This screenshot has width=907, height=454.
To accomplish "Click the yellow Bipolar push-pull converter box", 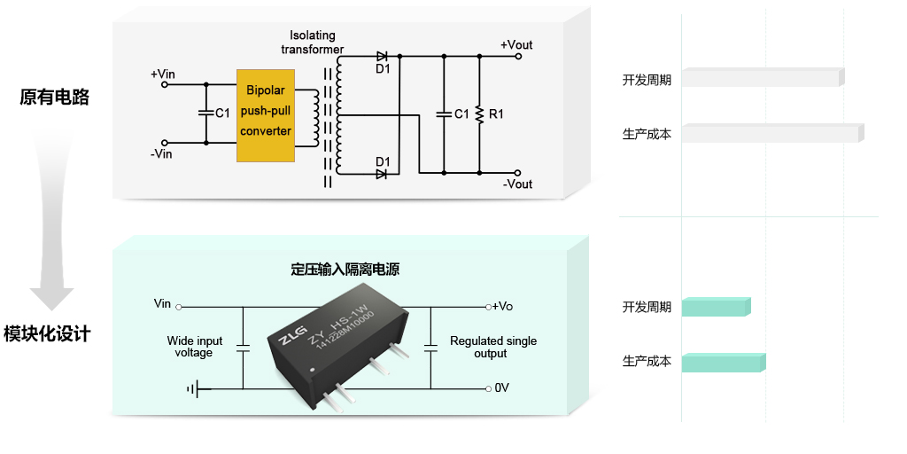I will click(x=265, y=116).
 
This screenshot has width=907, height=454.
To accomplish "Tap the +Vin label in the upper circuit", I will click(x=163, y=73).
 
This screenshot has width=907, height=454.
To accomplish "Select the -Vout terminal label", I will click(x=517, y=184).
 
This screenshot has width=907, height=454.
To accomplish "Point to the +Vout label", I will click(x=516, y=45).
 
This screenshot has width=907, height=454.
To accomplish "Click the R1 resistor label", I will click(x=496, y=113).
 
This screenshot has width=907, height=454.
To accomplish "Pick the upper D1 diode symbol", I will click(x=382, y=57).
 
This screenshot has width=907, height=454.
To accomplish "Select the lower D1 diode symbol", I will click(x=382, y=174).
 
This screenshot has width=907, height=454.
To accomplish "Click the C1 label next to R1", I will click(x=461, y=113).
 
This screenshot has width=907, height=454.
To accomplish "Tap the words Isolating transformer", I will click(x=313, y=43).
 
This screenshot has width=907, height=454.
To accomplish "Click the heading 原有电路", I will click(x=54, y=98).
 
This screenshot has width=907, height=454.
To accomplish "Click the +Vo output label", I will click(x=502, y=306).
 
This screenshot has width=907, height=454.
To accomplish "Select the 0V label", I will click(x=501, y=388).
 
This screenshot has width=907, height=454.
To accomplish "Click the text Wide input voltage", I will click(x=195, y=347).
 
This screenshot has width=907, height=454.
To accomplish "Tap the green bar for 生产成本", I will click(x=722, y=362).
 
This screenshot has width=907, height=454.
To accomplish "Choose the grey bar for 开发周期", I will click(x=762, y=78).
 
